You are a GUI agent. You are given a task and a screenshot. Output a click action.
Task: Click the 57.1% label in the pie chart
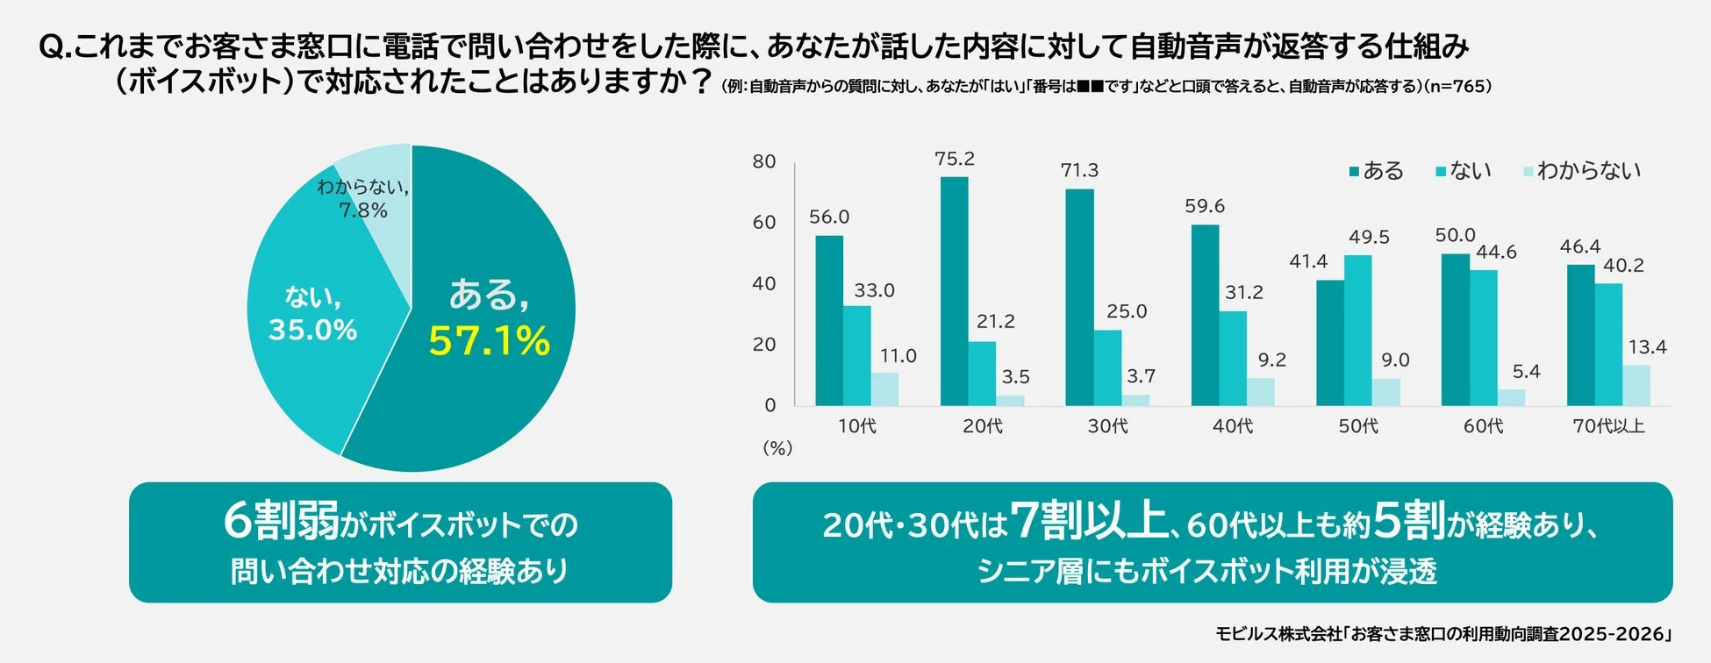click(489, 341)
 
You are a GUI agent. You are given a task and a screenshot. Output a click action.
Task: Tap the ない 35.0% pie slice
click(307, 368)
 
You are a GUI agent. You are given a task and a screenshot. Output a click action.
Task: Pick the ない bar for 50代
click(1357, 331)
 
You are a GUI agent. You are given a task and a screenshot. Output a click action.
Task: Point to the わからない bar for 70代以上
click(1636, 385)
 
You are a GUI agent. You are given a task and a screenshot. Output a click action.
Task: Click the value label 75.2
click(954, 159)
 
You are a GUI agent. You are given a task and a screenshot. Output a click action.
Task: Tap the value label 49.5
click(1368, 237)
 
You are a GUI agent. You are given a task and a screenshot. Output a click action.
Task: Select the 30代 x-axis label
click(1107, 426)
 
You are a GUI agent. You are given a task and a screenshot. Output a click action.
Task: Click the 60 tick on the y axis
click(763, 222)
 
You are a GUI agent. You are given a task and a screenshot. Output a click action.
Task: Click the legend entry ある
click(1377, 170)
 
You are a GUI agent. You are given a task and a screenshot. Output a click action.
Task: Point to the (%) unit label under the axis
click(777, 448)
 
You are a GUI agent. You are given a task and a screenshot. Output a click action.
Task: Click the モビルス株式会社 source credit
click(1278, 634)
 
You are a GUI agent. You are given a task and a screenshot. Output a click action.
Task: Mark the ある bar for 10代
click(828, 320)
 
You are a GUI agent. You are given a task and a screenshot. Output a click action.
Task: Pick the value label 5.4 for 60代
click(1525, 371)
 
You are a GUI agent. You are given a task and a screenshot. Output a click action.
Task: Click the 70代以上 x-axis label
click(1607, 426)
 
